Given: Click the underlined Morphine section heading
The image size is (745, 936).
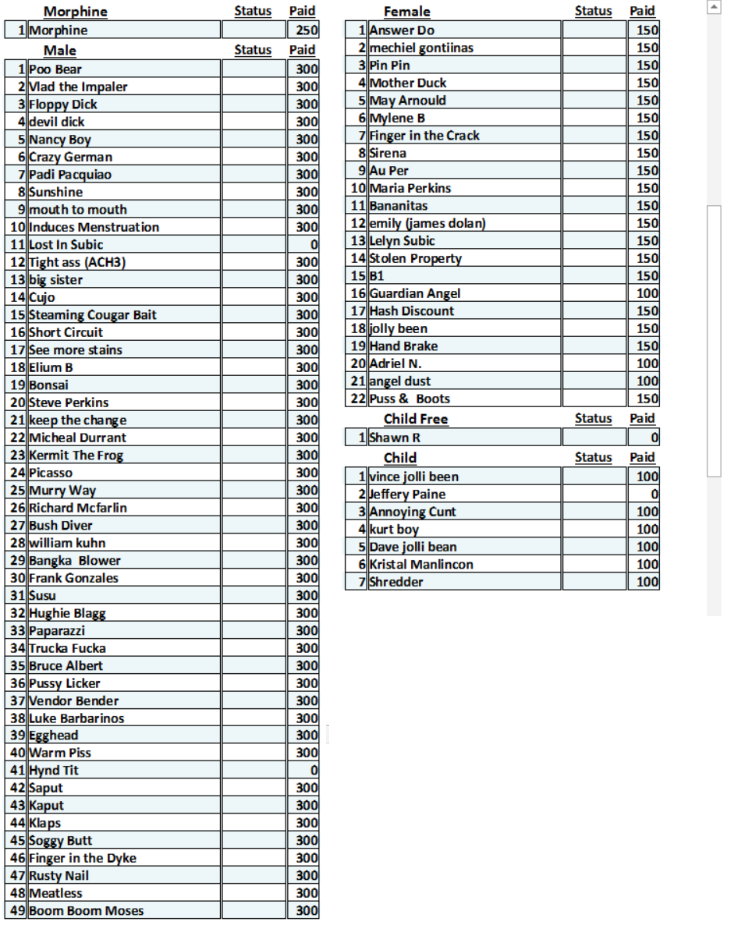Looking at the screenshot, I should click(75, 12).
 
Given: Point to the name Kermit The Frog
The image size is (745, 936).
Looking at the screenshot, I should click(76, 456).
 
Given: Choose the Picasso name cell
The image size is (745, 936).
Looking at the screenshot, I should click(51, 473).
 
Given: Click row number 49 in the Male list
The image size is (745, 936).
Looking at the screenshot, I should click(16, 911).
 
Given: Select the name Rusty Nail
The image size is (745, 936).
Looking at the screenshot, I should click(59, 876).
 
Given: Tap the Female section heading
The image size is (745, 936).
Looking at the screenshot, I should click(406, 12).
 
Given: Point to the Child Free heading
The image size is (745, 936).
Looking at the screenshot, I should click(416, 420).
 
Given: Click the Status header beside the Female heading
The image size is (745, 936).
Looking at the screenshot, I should click(593, 11).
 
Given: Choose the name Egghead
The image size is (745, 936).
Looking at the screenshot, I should click(54, 736).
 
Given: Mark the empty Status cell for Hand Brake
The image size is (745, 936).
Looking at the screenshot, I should click(594, 346).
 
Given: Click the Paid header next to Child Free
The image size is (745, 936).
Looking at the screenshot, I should click(642, 419).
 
